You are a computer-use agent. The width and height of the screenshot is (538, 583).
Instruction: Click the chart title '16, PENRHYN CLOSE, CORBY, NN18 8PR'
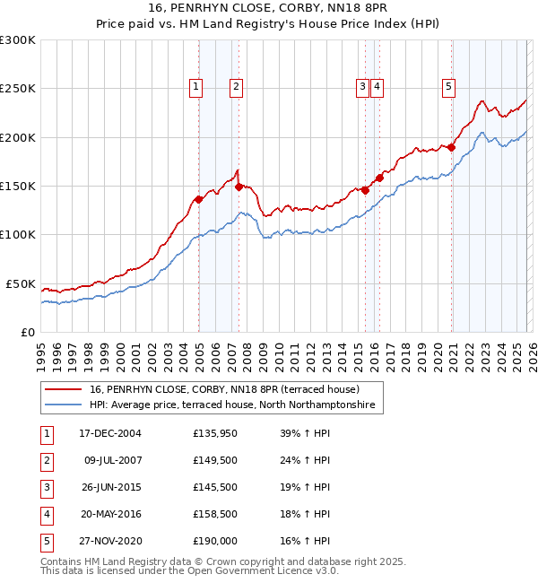(268, 10)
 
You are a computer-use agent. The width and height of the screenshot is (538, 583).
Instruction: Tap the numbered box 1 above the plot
(195, 87)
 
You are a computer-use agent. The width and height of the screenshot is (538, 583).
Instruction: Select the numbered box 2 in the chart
(235, 87)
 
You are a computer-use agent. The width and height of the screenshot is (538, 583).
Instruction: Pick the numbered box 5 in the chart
(448, 87)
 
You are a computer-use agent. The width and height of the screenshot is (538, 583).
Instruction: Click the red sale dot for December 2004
(198, 200)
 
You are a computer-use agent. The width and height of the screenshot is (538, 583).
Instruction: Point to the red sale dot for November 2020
(452, 148)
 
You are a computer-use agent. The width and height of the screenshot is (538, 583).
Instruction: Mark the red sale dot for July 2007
(239, 187)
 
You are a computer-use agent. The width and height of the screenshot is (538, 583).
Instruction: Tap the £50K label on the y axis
(22, 283)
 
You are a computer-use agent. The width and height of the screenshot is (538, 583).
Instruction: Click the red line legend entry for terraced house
(224, 389)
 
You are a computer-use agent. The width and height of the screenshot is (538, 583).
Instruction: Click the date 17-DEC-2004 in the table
(110, 433)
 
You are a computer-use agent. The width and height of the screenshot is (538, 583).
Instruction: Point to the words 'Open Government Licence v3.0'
(267, 570)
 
